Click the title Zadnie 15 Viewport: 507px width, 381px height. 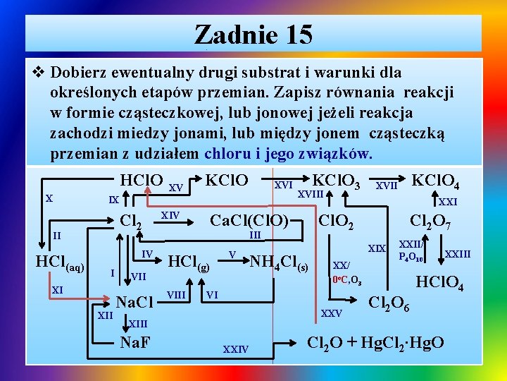click(x=254, y=34)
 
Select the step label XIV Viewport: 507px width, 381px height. click(x=169, y=214)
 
